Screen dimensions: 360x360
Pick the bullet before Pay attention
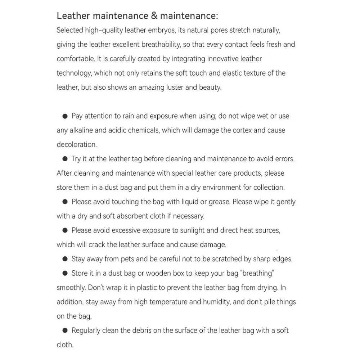pos(65,116)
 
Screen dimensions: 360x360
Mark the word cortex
pos(242,130)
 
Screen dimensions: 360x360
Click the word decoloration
pos(77,145)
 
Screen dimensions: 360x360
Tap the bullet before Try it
pos(65,159)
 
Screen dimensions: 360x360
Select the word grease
pos(220,202)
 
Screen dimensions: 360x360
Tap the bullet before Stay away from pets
pos(65,259)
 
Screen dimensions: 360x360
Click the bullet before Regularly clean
pos(65,330)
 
